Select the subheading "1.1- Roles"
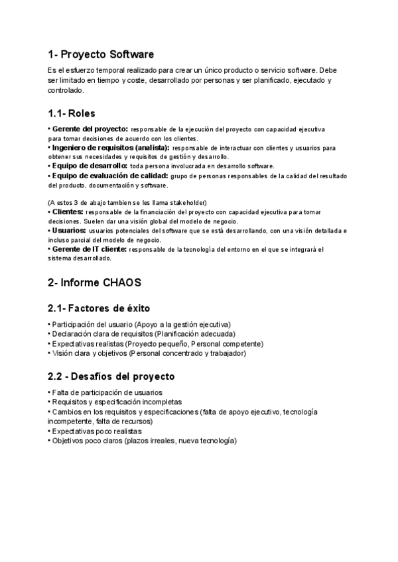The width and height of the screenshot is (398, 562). (x=72, y=113)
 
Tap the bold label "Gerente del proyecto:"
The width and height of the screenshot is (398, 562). (x=90, y=129)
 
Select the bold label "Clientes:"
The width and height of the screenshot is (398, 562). (x=67, y=211)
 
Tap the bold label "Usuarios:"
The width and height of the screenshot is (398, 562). (x=68, y=230)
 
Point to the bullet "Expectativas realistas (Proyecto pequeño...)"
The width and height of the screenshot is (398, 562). (x=157, y=344)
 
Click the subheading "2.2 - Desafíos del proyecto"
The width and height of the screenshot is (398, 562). (x=111, y=376)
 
